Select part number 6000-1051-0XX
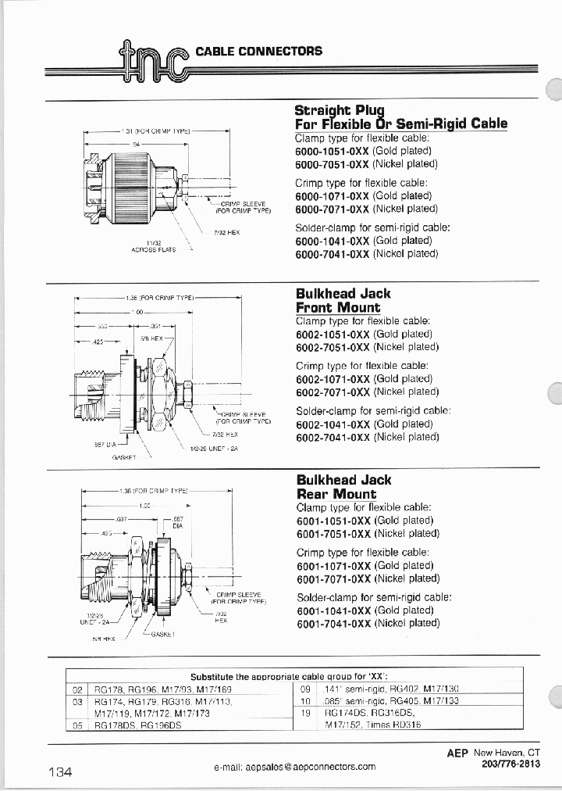333,151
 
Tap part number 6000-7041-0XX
333,254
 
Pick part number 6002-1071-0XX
333,378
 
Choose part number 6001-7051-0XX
334,534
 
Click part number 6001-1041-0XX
334,610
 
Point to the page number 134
60,772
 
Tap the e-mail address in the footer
294,768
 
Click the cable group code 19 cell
307,713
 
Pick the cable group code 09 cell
307,689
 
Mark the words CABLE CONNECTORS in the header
258,51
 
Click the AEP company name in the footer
457,753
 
